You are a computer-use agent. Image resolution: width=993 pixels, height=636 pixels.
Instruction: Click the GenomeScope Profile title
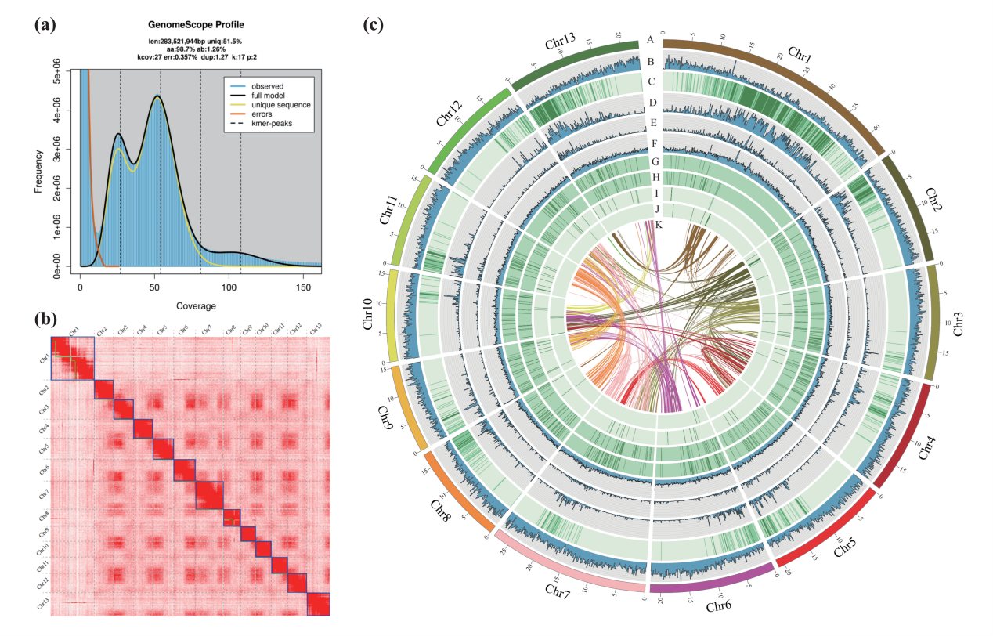coord(202,25)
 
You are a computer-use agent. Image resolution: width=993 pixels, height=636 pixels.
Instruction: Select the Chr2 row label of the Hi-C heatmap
coord(42,389)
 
